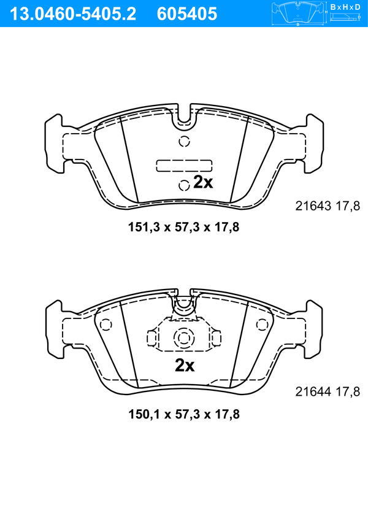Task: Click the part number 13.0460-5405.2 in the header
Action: point(73,14)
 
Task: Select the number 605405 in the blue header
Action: point(187,14)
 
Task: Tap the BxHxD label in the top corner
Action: point(345,7)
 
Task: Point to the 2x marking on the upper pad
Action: point(203,182)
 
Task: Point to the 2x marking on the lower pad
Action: point(185,365)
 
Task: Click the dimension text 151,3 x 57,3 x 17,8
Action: point(183,227)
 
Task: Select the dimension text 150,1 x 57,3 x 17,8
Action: point(184,414)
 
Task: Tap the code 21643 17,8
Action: point(328,206)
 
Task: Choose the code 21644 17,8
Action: point(328,392)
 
